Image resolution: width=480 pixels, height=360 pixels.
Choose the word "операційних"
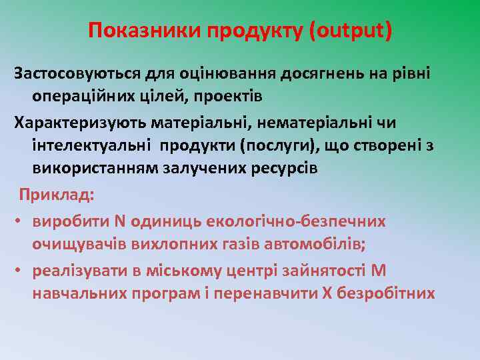85,96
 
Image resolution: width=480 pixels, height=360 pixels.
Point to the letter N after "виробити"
121,220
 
